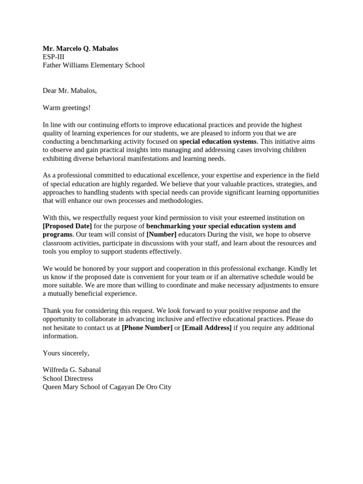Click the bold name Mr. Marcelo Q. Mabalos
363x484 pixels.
click(80, 48)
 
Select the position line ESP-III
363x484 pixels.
click(53, 57)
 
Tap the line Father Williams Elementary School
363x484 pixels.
click(94, 65)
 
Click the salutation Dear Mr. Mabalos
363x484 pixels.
click(69, 91)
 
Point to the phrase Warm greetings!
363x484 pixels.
click(66, 108)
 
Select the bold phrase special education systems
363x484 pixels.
click(218, 141)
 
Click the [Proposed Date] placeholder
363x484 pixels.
click(67, 226)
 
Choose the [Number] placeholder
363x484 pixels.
click(161, 234)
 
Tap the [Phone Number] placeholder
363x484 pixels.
click(147, 328)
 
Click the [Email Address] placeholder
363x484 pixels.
click(207, 328)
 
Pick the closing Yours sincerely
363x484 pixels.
click(66, 353)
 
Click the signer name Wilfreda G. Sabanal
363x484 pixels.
click(72, 370)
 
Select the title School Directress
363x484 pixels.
click(68, 378)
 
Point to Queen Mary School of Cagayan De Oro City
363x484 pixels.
click(107, 387)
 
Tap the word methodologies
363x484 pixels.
click(180, 200)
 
